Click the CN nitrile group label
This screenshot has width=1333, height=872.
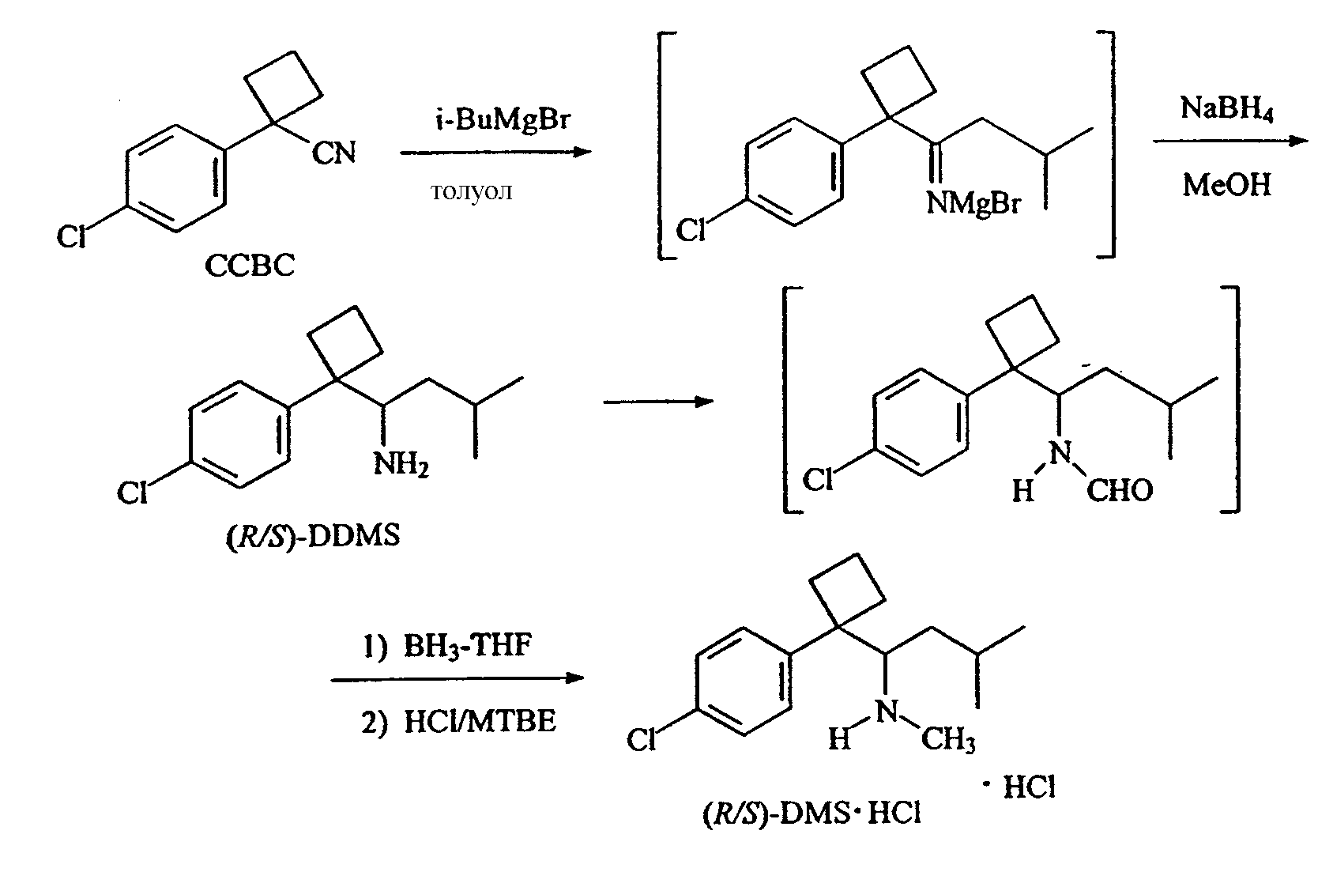[x=334, y=153]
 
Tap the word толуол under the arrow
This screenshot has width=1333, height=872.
[x=471, y=191]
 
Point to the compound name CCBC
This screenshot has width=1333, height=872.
[x=250, y=266]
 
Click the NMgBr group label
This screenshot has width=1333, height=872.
[x=973, y=203]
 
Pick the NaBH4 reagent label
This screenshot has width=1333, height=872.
[x=1227, y=110]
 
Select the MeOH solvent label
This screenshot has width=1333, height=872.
[x=1226, y=184]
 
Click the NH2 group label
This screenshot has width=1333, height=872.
[x=401, y=464]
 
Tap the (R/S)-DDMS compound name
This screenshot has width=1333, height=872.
[x=313, y=536]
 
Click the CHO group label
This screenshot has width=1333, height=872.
[x=1120, y=491]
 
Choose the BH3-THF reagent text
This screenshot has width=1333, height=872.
[x=467, y=646]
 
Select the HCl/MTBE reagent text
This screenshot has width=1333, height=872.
[x=480, y=722]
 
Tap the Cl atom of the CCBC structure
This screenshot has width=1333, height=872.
[x=71, y=237]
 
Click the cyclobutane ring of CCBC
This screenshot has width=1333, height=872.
[x=284, y=88]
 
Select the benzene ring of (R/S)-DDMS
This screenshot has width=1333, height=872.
[x=240, y=434]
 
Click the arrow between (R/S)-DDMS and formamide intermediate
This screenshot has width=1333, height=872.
[x=658, y=402]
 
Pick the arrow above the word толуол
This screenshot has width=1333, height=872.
[x=495, y=153]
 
